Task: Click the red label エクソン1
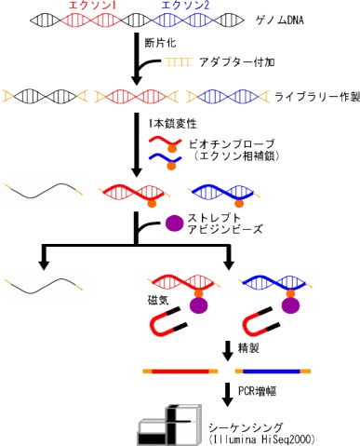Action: (x=92, y=6)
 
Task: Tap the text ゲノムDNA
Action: (x=279, y=20)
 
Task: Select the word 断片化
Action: (x=160, y=42)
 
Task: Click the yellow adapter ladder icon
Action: (x=179, y=62)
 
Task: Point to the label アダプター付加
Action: (x=237, y=62)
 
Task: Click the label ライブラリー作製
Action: (x=317, y=97)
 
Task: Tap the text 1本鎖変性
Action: (x=172, y=124)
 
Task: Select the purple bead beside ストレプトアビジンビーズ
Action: (x=175, y=223)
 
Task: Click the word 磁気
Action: (x=158, y=301)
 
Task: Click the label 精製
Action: (x=248, y=348)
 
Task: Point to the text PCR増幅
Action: (x=257, y=391)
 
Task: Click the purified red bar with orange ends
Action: (x=180, y=371)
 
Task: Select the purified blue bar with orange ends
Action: (x=273, y=371)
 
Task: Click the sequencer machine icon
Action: (x=169, y=426)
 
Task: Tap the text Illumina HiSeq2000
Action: (x=262, y=439)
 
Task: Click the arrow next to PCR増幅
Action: (x=228, y=395)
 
